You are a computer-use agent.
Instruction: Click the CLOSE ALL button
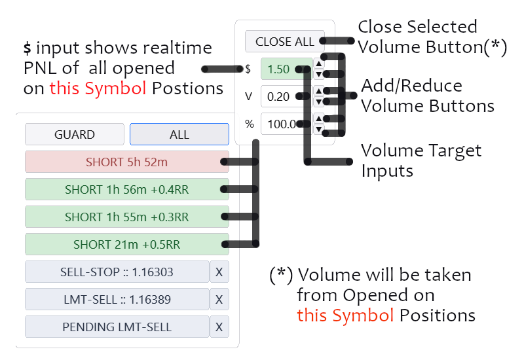point(284,41)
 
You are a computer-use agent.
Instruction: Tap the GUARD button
point(74,134)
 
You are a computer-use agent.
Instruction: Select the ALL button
point(179,134)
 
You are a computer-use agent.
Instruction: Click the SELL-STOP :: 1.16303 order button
point(117,272)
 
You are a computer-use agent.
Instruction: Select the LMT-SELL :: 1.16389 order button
point(117,299)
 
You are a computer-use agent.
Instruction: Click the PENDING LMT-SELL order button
point(117,327)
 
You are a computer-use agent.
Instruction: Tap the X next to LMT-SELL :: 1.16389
point(219,299)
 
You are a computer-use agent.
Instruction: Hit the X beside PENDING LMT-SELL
point(219,327)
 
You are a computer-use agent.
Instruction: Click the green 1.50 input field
point(282,69)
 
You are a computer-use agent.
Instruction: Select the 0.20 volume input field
point(280,96)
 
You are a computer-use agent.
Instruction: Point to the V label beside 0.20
point(249,96)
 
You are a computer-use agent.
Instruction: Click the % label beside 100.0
point(249,124)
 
